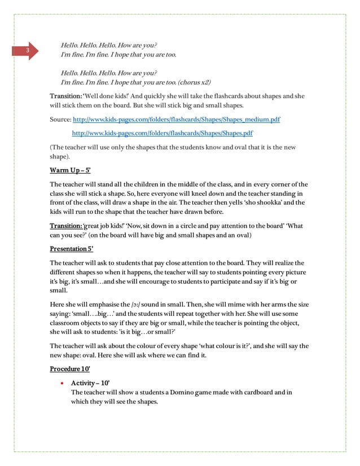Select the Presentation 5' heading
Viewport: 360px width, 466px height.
[72, 248]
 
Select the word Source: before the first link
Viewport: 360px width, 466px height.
[60, 120]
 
